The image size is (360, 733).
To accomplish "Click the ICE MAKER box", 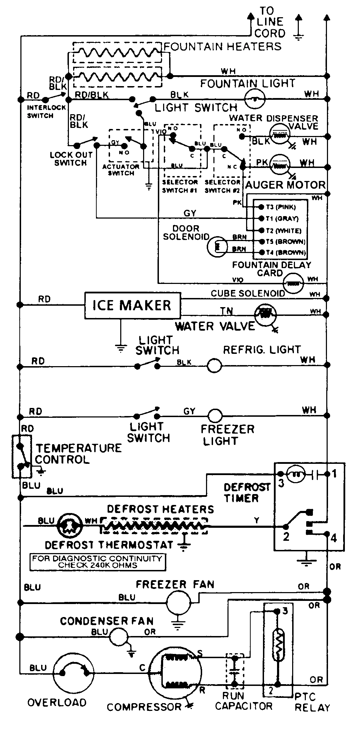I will point(132,305).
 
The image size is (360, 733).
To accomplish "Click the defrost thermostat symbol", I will point(70,526).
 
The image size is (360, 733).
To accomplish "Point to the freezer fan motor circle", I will point(178,603).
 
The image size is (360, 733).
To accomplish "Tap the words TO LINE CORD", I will point(270,22).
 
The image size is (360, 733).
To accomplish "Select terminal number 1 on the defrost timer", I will point(334,474).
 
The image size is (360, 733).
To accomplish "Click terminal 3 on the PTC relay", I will point(285,611).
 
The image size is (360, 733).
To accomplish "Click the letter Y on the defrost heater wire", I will point(257,520).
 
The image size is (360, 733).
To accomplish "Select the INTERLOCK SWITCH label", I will point(41,111).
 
